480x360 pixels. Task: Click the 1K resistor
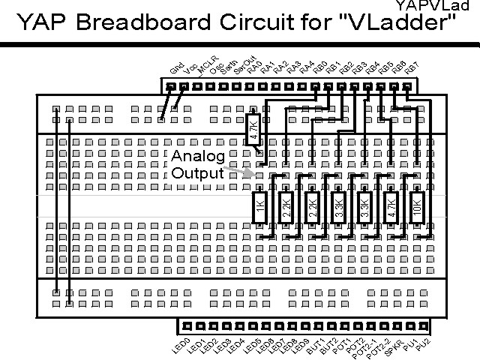click(259, 205)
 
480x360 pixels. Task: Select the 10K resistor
click(417, 205)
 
